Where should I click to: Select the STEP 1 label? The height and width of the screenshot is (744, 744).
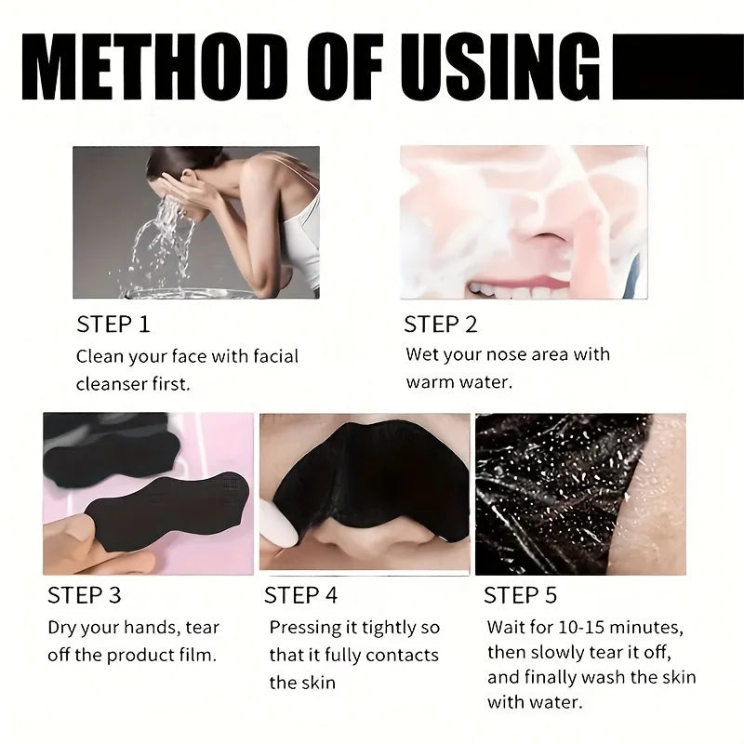coord(113,325)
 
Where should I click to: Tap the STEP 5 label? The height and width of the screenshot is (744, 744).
coord(520,594)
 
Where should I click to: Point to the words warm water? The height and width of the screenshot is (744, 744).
coord(458,382)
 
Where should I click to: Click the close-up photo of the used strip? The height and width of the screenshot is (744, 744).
coord(579,494)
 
